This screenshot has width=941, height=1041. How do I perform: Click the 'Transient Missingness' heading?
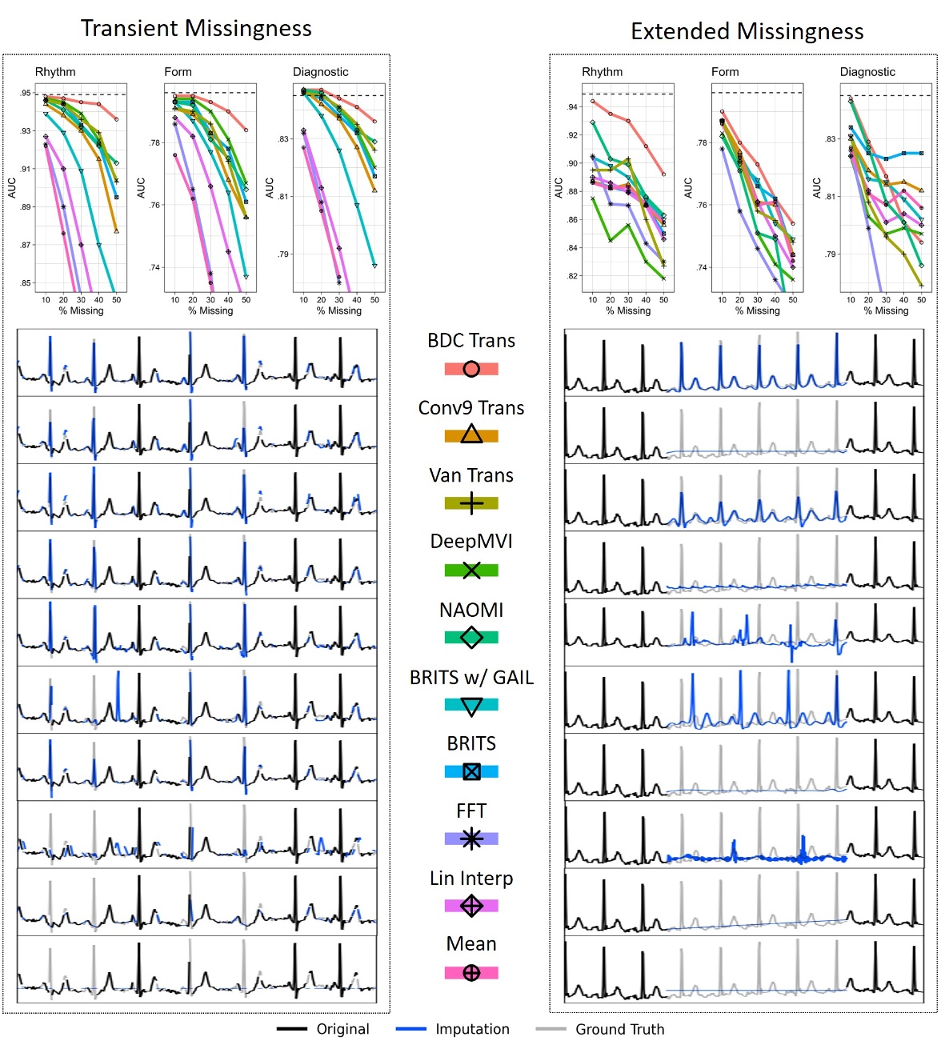coord(196,29)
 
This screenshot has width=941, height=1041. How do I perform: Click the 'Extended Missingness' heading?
coord(747,31)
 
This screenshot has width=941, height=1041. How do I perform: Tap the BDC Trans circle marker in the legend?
coord(471,369)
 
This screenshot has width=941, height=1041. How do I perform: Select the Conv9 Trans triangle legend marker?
coord(471,435)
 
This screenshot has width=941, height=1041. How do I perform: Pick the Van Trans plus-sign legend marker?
coord(471,503)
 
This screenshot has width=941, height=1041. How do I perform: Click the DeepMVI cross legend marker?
coord(471,571)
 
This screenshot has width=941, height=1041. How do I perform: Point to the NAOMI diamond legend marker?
coord(471,638)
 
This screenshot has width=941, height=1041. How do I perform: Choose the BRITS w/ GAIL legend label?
coord(471,678)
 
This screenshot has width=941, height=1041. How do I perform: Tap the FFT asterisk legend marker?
coord(471,839)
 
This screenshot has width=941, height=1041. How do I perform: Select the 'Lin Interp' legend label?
coord(471,879)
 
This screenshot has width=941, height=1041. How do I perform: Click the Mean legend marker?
coord(471,973)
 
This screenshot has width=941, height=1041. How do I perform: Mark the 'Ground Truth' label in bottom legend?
coord(619,1029)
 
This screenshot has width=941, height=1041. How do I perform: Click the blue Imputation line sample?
coord(410,1029)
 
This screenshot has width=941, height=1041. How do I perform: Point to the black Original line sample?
coord(292,1029)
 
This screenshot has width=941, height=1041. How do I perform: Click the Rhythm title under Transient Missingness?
coord(55,72)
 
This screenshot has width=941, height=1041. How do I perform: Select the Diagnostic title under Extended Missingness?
coord(867,72)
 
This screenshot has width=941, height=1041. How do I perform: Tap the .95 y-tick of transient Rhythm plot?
coord(26,93)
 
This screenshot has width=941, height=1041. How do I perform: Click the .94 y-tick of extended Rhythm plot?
coord(572,106)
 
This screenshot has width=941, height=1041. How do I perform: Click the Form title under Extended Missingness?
coord(725,72)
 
